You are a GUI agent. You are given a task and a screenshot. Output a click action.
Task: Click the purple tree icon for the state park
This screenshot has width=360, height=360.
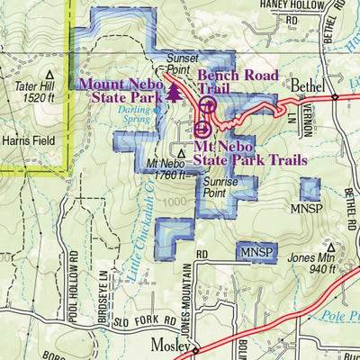[174, 94]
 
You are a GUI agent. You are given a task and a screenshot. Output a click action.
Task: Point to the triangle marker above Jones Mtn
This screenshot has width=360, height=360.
[330, 244]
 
